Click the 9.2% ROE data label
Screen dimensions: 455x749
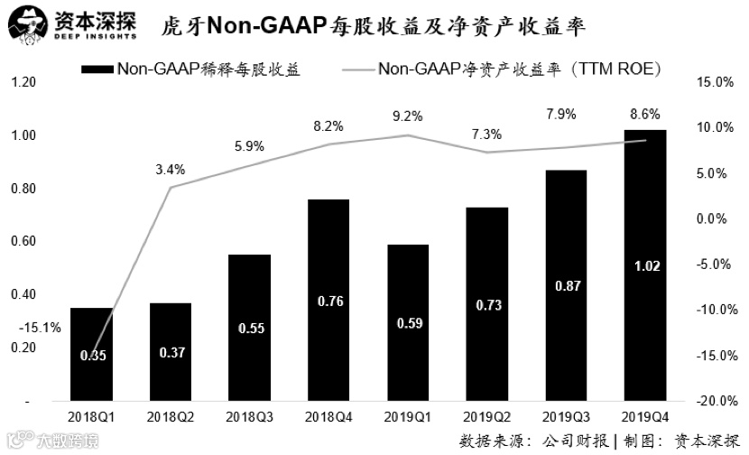click(x=405, y=116)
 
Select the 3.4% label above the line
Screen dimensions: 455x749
click(x=170, y=169)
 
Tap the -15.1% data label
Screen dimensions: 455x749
click(x=42, y=329)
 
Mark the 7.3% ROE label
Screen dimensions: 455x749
click(x=484, y=135)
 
